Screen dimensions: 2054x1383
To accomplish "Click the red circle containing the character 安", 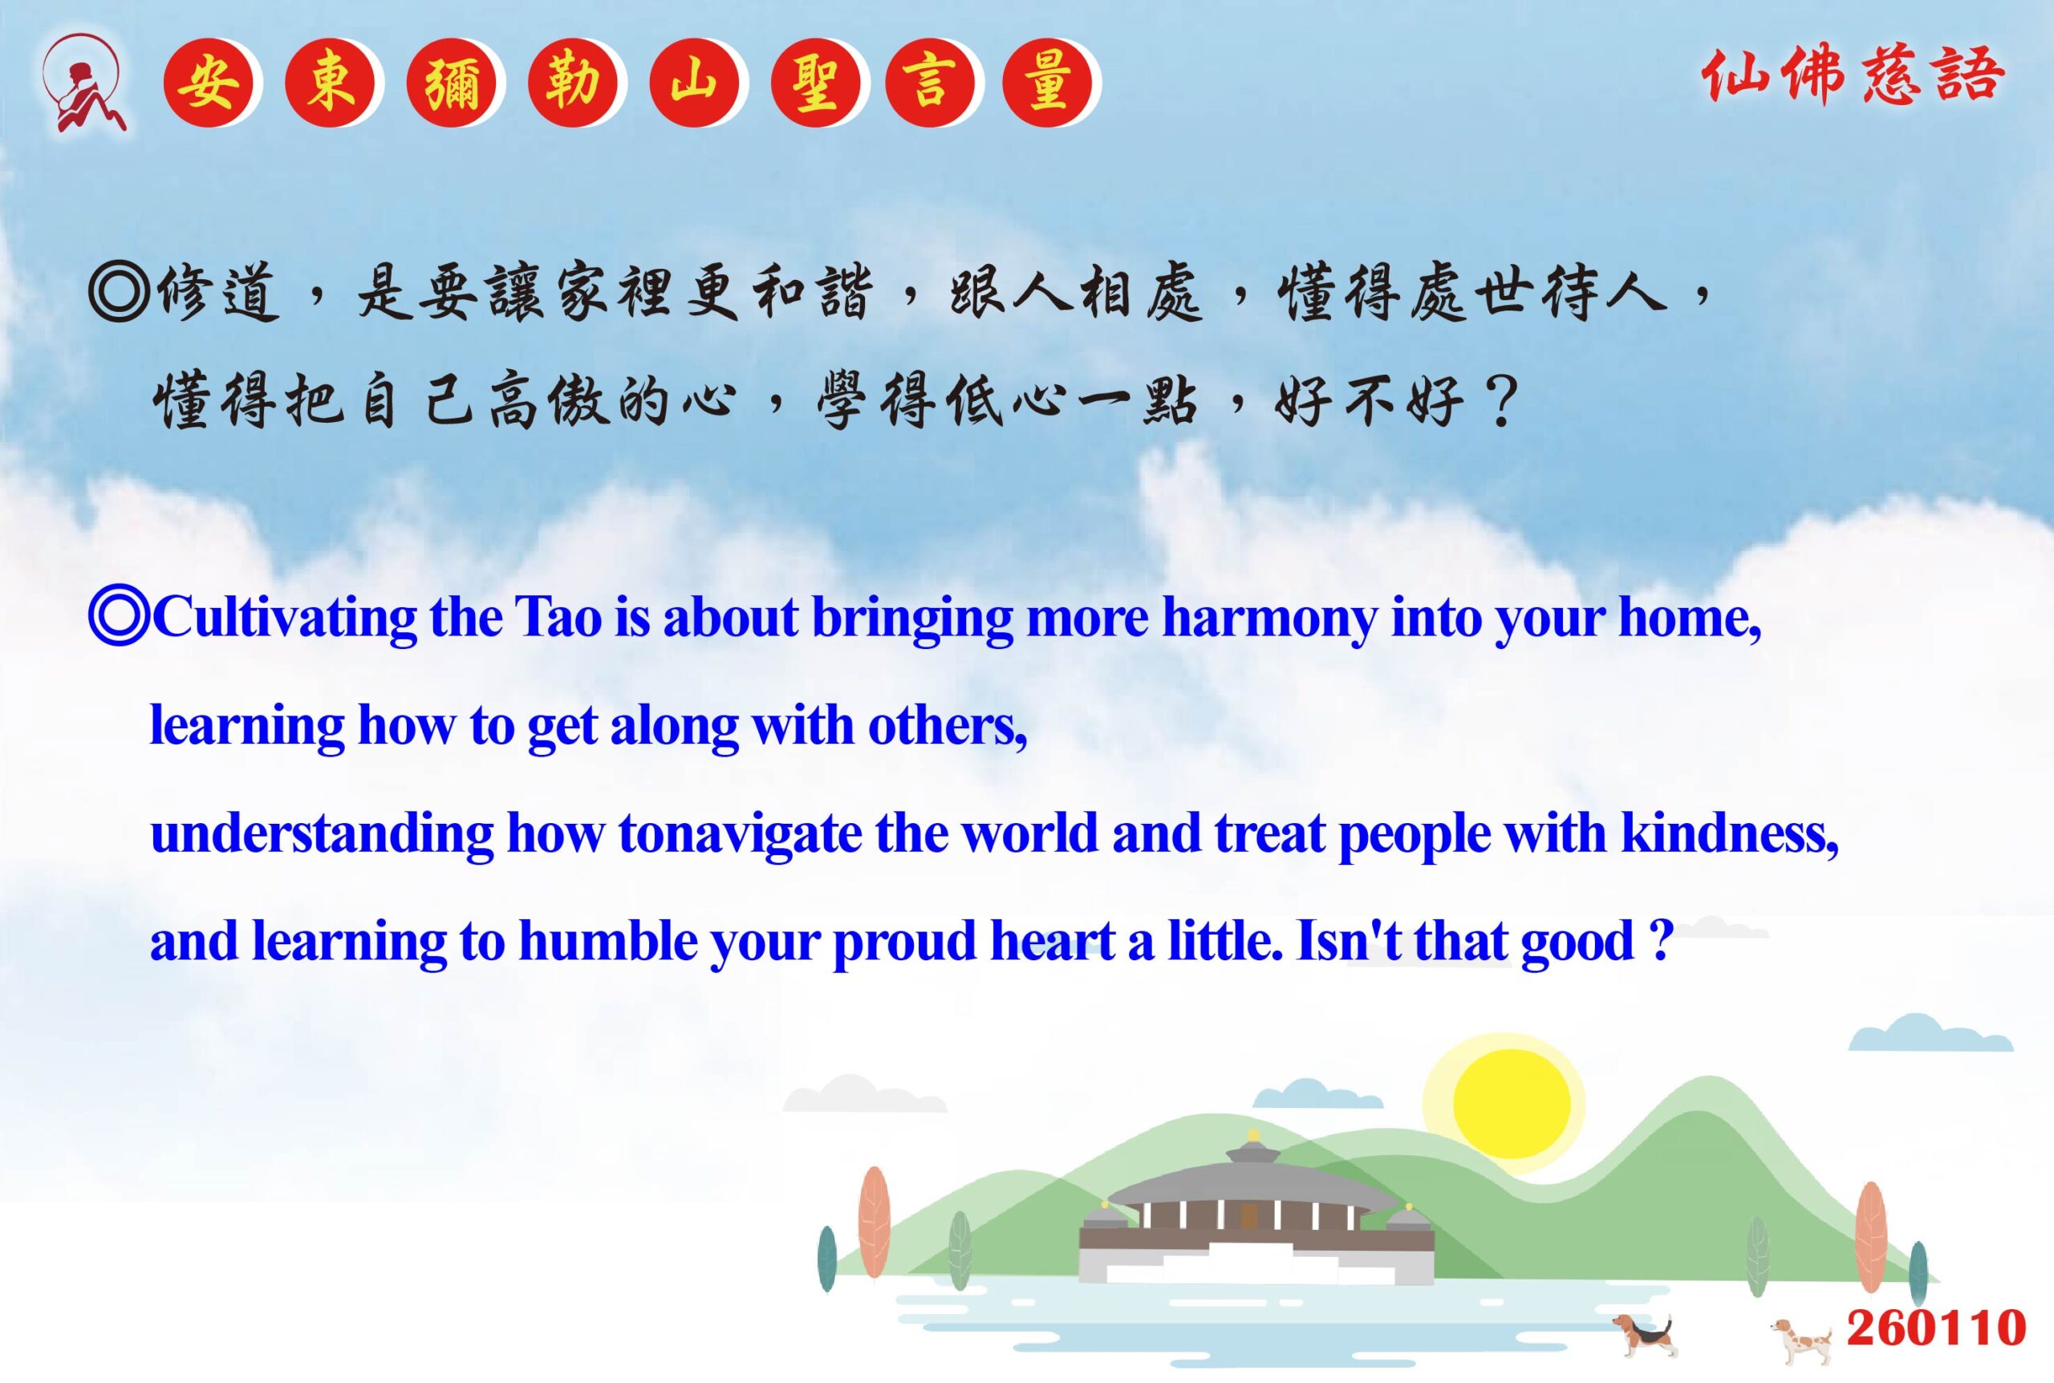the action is pos(208,83).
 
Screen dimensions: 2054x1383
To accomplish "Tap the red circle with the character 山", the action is pos(693,83).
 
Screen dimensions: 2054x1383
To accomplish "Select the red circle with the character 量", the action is pos(1048,83).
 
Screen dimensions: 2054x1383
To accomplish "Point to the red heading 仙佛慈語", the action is pos(1853,76).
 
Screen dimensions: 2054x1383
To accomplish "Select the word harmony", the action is pos(1269,620).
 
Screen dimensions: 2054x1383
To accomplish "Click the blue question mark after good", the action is pos(1661,940).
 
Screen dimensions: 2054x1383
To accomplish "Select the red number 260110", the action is pos(1936,1328).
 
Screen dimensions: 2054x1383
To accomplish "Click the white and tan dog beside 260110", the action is pos(1801,1339).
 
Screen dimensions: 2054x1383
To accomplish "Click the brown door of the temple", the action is pos(1248,1217).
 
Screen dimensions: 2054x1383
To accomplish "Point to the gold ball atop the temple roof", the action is pos(1253,1134).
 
